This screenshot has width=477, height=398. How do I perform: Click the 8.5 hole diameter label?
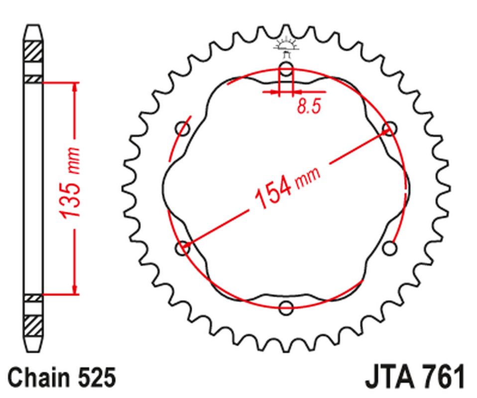coord(309,106)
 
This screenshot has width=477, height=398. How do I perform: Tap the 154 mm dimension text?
coord(287,187)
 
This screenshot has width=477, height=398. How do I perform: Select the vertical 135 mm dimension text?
coord(70,183)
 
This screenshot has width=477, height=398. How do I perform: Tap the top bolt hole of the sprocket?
coord(286,69)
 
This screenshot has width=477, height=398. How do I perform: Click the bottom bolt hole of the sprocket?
coord(286,307)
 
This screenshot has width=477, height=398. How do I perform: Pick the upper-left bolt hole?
coord(183,129)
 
